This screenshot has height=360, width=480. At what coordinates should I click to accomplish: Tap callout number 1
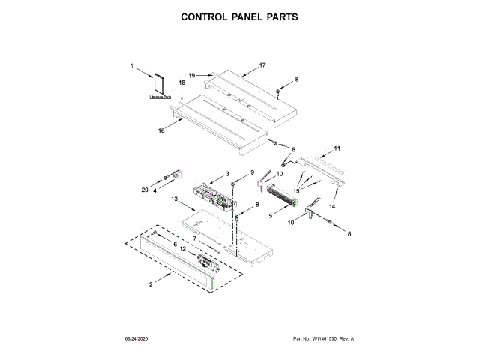click(132, 66)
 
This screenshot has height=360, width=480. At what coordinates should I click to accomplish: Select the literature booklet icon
click(160, 84)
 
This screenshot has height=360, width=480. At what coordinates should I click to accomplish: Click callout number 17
click(262, 65)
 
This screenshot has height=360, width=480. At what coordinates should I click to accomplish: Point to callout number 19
click(192, 75)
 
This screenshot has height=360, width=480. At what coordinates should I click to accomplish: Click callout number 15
click(295, 192)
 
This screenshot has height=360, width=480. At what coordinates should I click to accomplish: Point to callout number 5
click(271, 217)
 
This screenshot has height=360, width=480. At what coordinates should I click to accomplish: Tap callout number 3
click(227, 174)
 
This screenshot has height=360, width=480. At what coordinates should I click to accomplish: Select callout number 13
click(174, 200)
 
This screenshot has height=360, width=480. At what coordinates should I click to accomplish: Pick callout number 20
click(145, 190)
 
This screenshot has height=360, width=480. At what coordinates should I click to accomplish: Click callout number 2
click(151, 283)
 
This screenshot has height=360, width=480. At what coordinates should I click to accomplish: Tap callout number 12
click(182, 248)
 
